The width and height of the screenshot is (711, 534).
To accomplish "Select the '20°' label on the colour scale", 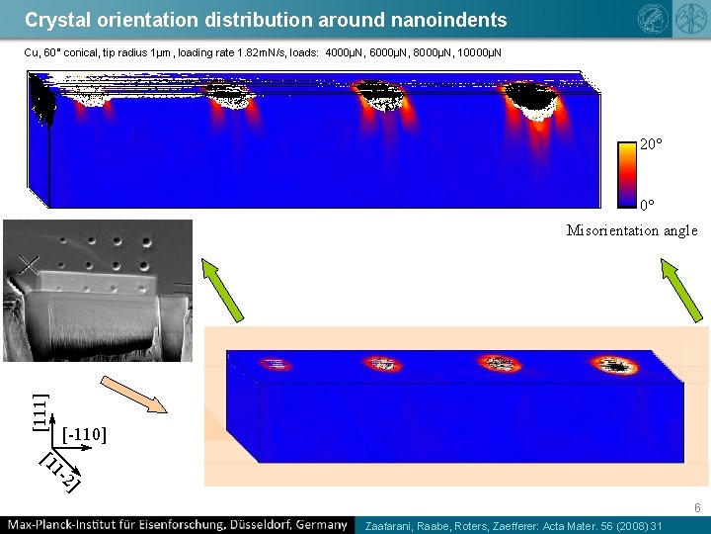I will tap(651, 144).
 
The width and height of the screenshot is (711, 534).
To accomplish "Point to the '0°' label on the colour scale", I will tap(647, 206).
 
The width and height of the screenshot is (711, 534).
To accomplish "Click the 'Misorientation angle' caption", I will tap(632, 230).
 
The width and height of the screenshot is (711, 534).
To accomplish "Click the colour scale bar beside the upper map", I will tap(627, 174).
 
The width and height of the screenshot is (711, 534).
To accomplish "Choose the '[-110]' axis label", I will tap(84, 434).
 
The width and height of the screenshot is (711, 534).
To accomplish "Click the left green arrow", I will tap(222, 288).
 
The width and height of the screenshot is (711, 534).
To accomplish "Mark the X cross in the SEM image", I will tap(28, 265).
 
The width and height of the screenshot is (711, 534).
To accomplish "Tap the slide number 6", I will tap(697, 509).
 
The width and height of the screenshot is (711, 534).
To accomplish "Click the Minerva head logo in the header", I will tap(653, 17).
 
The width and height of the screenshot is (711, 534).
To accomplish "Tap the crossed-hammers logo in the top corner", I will tap(685, 17).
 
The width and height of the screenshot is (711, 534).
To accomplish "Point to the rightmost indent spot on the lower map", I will tap(617, 366).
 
